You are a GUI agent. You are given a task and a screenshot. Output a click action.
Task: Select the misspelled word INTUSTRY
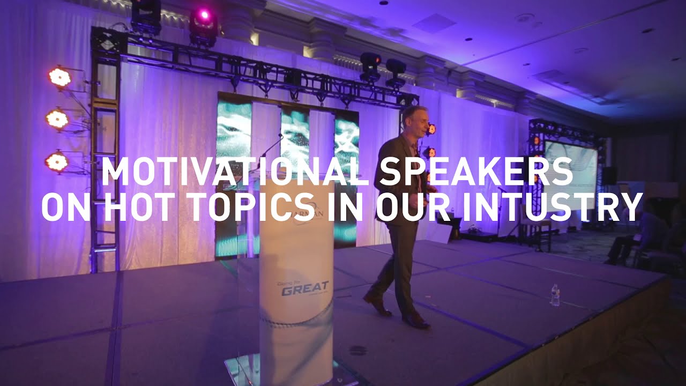(552, 206)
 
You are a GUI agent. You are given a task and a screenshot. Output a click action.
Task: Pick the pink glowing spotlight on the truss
(204, 16)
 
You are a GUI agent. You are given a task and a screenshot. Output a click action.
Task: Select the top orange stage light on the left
(59, 77)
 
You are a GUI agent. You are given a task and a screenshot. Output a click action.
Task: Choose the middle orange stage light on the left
(57, 118)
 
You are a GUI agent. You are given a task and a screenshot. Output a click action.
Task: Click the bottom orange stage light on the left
(56, 161)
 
